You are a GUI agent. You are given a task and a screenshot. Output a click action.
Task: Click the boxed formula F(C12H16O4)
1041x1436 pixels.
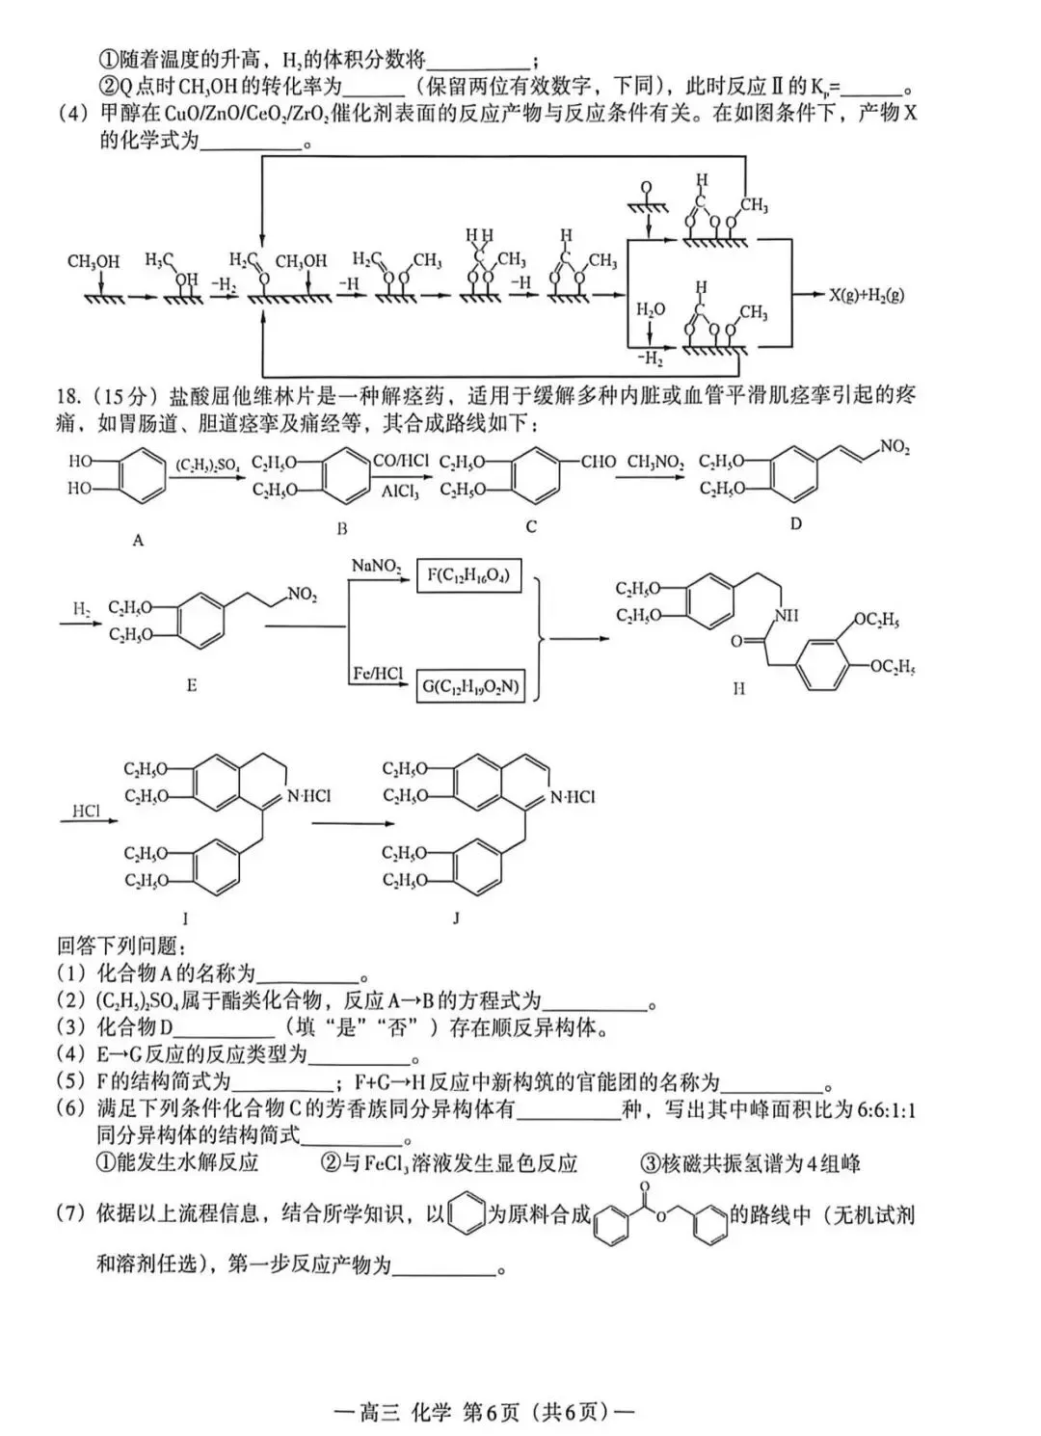pyautogui.click(x=467, y=577)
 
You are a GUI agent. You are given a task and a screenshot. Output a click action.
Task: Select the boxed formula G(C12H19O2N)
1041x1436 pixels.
pyautogui.click(x=470, y=687)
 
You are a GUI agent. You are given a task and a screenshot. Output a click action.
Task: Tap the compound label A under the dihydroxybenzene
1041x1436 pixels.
pyautogui.click(x=138, y=541)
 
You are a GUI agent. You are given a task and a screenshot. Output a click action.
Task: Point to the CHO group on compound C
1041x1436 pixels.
pyautogui.click(x=598, y=462)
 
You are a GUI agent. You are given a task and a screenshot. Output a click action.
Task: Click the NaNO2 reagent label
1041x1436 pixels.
pyautogui.click(x=376, y=566)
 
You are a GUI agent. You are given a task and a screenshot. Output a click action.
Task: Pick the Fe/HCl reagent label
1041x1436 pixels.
pyautogui.click(x=377, y=674)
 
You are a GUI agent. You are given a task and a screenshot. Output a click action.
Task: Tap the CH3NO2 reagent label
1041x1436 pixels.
pyautogui.click(x=655, y=462)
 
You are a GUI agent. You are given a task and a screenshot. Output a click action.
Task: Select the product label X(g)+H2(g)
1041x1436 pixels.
pyautogui.click(x=867, y=294)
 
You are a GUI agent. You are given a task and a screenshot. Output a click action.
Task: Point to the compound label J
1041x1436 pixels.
pyautogui.click(x=456, y=918)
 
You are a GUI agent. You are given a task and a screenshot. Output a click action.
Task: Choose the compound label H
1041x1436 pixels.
pyautogui.click(x=738, y=689)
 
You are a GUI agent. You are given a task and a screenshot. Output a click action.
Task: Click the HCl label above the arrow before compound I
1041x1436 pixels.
pyautogui.click(x=86, y=811)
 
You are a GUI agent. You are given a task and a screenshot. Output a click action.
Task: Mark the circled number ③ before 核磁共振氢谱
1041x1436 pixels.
pyautogui.click(x=650, y=1163)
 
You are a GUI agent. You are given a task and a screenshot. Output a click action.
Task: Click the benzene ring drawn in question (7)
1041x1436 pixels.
pyautogui.click(x=467, y=1214)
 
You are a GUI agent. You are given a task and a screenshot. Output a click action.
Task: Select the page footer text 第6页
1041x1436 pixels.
pyautogui.click(x=491, y=1413)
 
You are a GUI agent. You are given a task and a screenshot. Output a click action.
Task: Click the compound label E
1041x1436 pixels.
pyautogui.click(x=192, y=685)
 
